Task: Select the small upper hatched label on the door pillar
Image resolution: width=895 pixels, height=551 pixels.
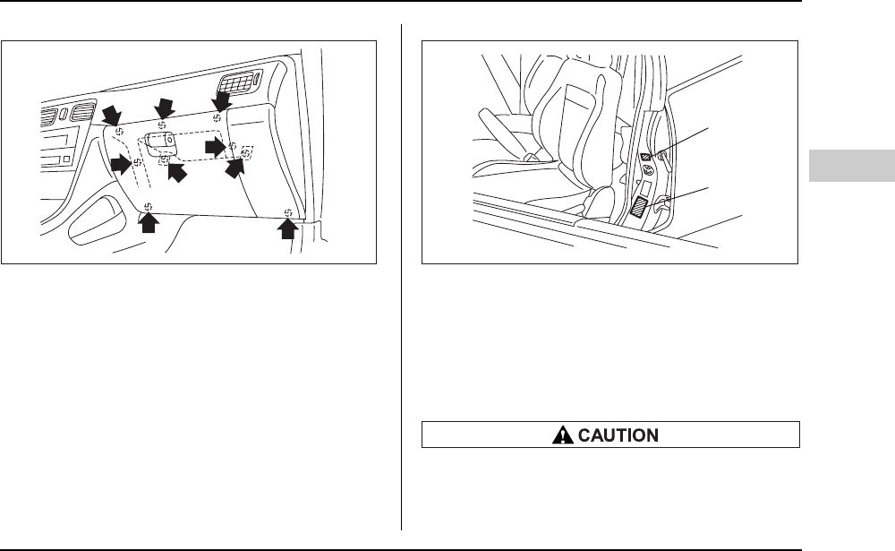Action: point(646,157)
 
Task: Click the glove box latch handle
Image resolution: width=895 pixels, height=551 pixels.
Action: point(161,142)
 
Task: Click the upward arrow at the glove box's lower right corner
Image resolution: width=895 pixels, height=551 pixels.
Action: point(287,231)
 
